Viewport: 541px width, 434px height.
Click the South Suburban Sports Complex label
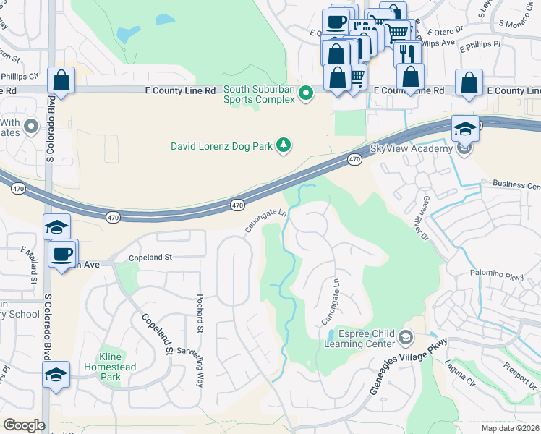pyautogui.click(x=260, y=95)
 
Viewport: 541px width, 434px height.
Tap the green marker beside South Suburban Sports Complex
pyautogui.click(x=306, y=93)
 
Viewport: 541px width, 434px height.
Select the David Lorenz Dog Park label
pyautogui.click(x=221, y=145)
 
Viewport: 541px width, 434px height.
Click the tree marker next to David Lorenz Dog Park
pyautogui.click(x=284, y=145)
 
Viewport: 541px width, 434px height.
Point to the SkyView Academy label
pyautogui.click(x=411, y=148)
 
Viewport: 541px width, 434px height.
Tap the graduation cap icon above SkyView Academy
pyautogui.click(x=466, y=129)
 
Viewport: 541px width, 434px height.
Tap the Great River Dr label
pyautogui.click(x=433, y=218)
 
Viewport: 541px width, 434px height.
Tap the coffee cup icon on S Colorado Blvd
pyautogui.click(x=61, y=254)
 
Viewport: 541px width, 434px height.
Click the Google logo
pyautogui.click(x=25, y=425)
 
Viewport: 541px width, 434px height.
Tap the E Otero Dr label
pyautogui.click(x=444, y=32)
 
